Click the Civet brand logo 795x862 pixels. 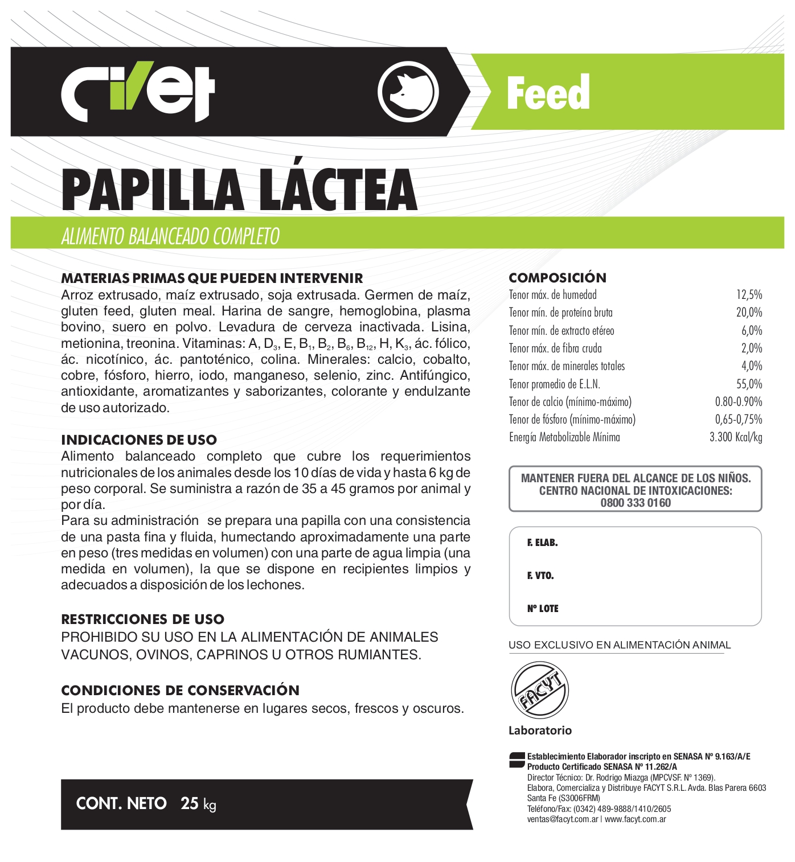138,93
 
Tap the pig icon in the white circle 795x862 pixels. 408,92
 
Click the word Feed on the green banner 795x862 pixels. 548,93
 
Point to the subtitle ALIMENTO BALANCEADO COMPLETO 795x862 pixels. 170,236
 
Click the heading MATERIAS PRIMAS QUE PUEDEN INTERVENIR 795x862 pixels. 212,278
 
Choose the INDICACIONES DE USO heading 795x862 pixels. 139,440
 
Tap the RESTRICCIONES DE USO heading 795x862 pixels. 142,619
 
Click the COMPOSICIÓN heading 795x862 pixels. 557,278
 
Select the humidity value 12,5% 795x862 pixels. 749,295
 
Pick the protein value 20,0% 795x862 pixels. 749,313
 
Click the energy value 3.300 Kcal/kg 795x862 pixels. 735,437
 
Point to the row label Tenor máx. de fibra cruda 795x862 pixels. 555,348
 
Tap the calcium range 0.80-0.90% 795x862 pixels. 738,402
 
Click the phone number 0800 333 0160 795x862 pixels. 636,503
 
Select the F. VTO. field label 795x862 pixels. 540,576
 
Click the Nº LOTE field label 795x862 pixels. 543,609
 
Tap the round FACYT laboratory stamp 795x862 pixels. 539,690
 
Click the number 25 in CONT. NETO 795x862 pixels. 189,803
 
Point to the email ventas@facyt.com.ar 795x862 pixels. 562,819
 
